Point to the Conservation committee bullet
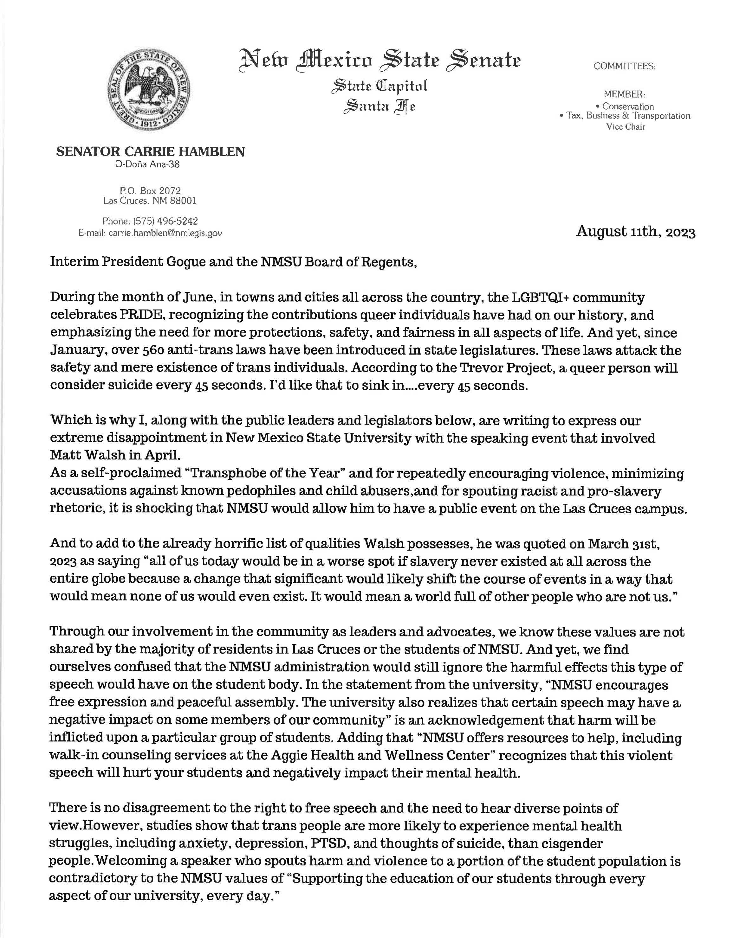tap(626, 106)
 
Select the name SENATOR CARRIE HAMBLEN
tap(150, 151)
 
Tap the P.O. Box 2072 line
tap(150, 190)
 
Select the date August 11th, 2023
tap(635, 232)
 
